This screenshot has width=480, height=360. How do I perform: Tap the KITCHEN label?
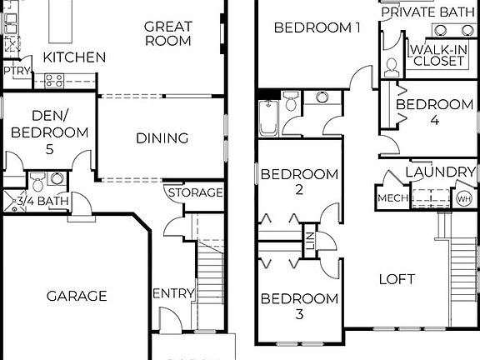click(74, 57)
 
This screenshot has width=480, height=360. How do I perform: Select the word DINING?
click(162, 138)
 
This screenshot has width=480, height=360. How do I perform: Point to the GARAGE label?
click(76, 296)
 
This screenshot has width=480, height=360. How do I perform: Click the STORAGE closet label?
click(196, 193)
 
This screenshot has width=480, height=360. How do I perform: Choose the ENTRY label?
click(173, 293)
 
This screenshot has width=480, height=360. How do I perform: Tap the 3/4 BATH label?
click(43, 200)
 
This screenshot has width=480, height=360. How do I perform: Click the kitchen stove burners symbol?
click(55, 80)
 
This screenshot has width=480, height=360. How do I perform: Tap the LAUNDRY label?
click(439, 172)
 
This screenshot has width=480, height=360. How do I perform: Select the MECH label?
click(392, 198)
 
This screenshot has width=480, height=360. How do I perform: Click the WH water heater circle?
click(463, 198)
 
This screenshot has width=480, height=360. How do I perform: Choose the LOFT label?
click(396, 279)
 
